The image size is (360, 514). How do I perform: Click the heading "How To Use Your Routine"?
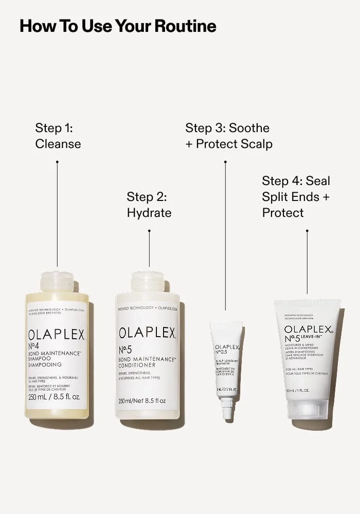[x=118, y=26]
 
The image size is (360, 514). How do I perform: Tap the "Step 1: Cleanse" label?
[x=58, y=136]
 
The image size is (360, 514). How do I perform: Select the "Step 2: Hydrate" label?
[x=149, y=205]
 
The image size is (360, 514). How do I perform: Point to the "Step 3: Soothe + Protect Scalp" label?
[x=229, y=136]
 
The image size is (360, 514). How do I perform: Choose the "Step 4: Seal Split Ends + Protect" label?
[x=296, y=196]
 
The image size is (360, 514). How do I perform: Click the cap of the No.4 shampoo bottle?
[x=57, y=281]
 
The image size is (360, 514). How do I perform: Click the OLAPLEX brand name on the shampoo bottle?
[x=56, y=335]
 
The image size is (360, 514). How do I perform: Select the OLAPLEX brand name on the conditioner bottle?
[x=147, y=333]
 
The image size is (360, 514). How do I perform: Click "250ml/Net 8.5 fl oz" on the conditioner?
[x=142, y=387]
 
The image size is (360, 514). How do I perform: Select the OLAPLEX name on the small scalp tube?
[x=227, y=347]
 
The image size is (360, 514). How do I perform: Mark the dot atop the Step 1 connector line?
[x=57, y=162]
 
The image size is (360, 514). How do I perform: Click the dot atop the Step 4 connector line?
[x=307, y=231]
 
